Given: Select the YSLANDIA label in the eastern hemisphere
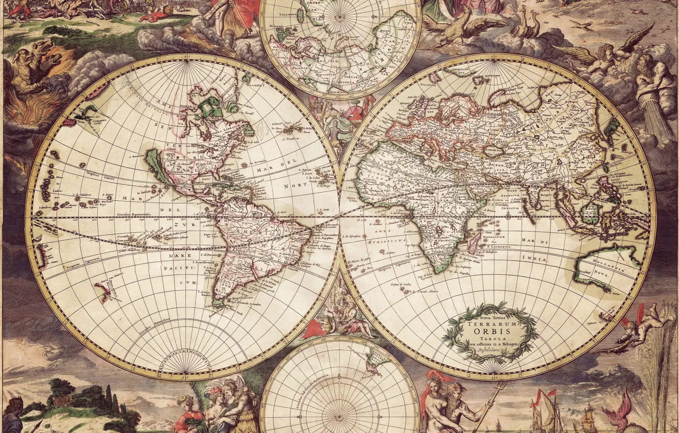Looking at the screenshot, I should coord(428,85).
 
